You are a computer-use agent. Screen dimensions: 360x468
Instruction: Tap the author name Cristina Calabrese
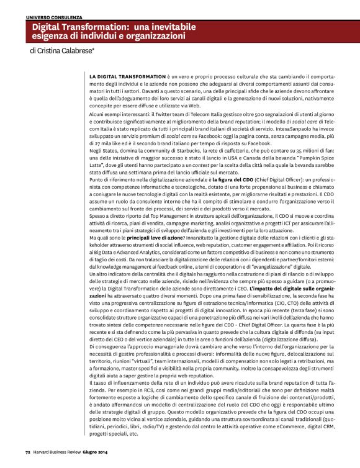65,52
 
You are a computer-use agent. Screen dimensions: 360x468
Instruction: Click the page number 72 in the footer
28,461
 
